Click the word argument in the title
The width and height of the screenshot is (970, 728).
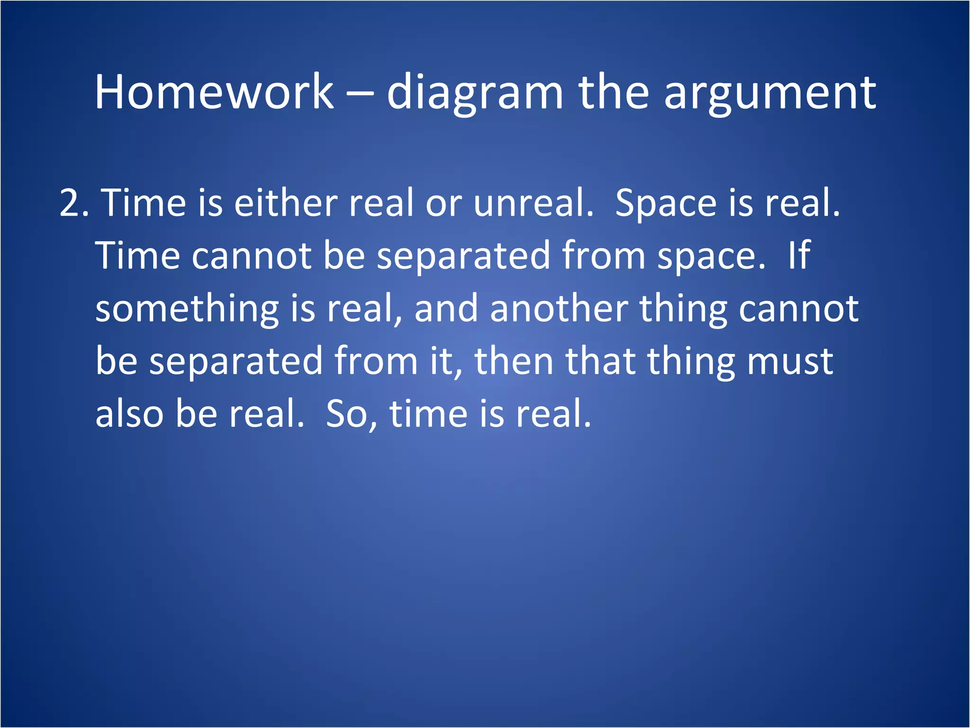tap(770, 93)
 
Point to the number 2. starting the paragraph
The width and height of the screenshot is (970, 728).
tap(74, 203)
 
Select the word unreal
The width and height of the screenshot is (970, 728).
tap(533, 203)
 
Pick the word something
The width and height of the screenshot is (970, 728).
tap(187, 309)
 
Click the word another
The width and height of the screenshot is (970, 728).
tap(559, 309)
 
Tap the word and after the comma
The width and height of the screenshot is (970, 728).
tap(446, 309)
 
